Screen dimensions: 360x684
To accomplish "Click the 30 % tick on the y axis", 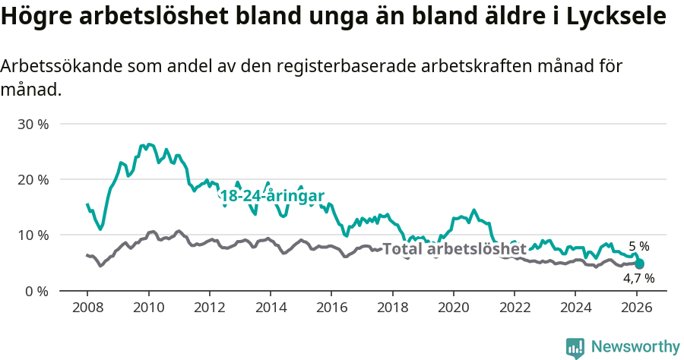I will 33,124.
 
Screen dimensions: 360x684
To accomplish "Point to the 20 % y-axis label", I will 33,179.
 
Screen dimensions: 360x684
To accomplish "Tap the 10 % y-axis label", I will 33,235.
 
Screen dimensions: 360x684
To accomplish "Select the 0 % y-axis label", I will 36,291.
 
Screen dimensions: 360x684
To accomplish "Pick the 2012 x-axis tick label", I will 209,308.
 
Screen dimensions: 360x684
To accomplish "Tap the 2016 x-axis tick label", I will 331,308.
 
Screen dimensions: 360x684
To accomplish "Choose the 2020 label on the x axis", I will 453,308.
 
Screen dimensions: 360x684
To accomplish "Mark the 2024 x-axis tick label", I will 575,308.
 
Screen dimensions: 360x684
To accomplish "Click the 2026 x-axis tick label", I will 636,308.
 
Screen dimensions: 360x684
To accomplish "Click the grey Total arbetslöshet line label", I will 454,249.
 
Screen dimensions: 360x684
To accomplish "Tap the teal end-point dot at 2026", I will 639,264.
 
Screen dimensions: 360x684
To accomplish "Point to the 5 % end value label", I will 639,246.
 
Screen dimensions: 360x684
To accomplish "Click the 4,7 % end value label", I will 638,279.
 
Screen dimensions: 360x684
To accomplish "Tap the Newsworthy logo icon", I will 575,348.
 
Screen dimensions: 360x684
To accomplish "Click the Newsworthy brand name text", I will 635,347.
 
